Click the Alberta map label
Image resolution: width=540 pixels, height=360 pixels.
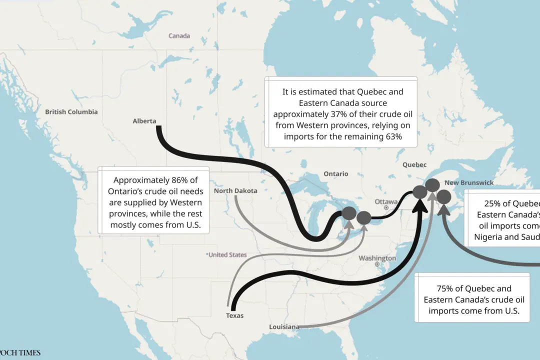pyautogui.click(x=144, y=121)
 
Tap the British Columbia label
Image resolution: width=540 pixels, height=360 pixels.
pyautogui.click(x=71, y=112)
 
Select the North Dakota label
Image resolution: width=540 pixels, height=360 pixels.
pyautogui.click(x=235, y=191)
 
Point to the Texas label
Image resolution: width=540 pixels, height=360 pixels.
pyautogui.click(x=234, y=315)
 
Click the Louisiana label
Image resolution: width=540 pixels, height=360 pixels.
pyautogui.click(x=284, y=327)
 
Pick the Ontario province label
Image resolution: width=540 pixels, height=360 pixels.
pyautogui.click(x=335, y=174)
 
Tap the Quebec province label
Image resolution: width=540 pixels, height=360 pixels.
pyautogui.click(x=414, y=165)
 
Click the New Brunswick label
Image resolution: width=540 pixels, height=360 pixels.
pyautogui.click(x=469, y=183)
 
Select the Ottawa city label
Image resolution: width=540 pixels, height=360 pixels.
pyautogui.click(x=386, y=201)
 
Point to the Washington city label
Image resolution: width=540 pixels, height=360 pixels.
pyautogui.click(x=377, y=258)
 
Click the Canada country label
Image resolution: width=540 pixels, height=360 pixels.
pyautogui.click(x=179, y=36)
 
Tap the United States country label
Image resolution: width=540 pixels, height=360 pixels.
pyautogui.click(x=227, y=255)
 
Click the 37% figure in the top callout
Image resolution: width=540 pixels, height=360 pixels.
pyautogui.click(x=340, y=114)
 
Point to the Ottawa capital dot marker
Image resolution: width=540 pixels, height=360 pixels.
pyautogui.click(x=386, y=207)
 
